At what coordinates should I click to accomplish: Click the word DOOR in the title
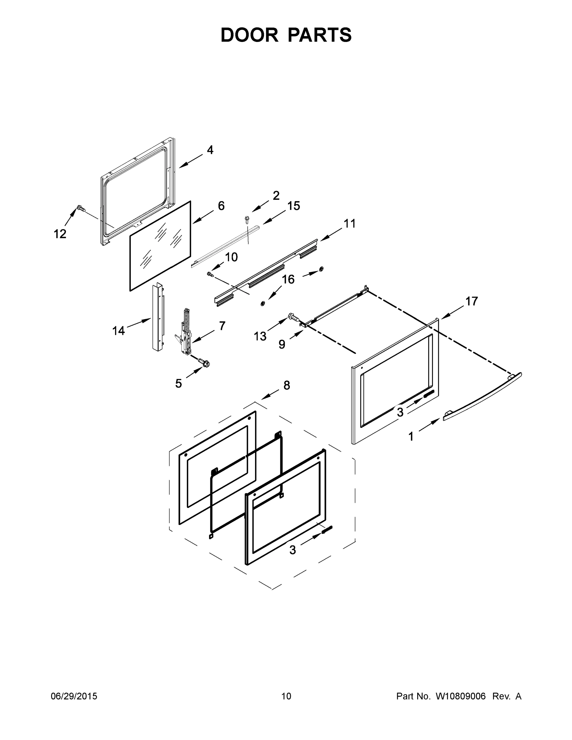[x=249, y=35]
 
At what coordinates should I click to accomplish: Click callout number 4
[x=210, y=150]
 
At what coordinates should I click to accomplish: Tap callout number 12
[x=60, y=234]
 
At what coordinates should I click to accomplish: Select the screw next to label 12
[x=80, y=208]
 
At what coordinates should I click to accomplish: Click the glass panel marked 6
[x=160, y=246]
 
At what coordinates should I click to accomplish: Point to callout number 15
[x=294, y=206]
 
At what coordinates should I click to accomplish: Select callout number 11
[x=349, y=224]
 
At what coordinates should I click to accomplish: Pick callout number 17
[x=471, y=301]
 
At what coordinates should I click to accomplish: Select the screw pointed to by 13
[x=293, y=317]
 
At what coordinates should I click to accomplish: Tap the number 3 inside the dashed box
[x=292, y=549]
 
